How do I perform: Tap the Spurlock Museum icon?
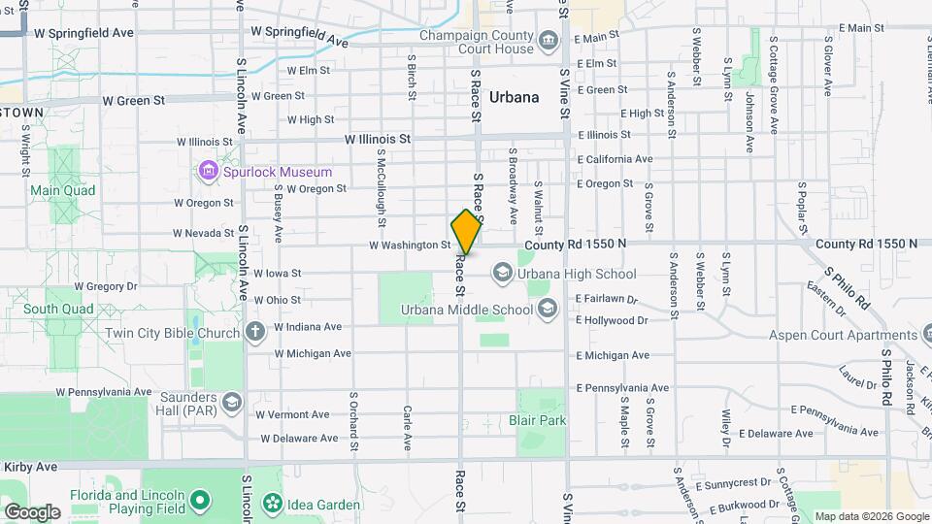point(207,172)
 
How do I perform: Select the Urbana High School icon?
point(502,273)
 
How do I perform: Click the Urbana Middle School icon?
point(547,310)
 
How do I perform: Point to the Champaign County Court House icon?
point(549,40)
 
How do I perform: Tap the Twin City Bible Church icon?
point(255,333)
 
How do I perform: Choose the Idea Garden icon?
point(273,503)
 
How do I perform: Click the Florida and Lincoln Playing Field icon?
point(200,501)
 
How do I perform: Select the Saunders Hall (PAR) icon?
point(231,401)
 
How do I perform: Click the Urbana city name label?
point(515,97)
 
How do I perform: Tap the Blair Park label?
point(537,421)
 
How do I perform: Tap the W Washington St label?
point(409,246)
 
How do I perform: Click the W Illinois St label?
point(379,139)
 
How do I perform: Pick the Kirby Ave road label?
point(30,467)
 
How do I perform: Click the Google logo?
point(32,511)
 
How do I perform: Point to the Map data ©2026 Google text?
point(871,516)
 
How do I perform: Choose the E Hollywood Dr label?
point(611,319)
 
